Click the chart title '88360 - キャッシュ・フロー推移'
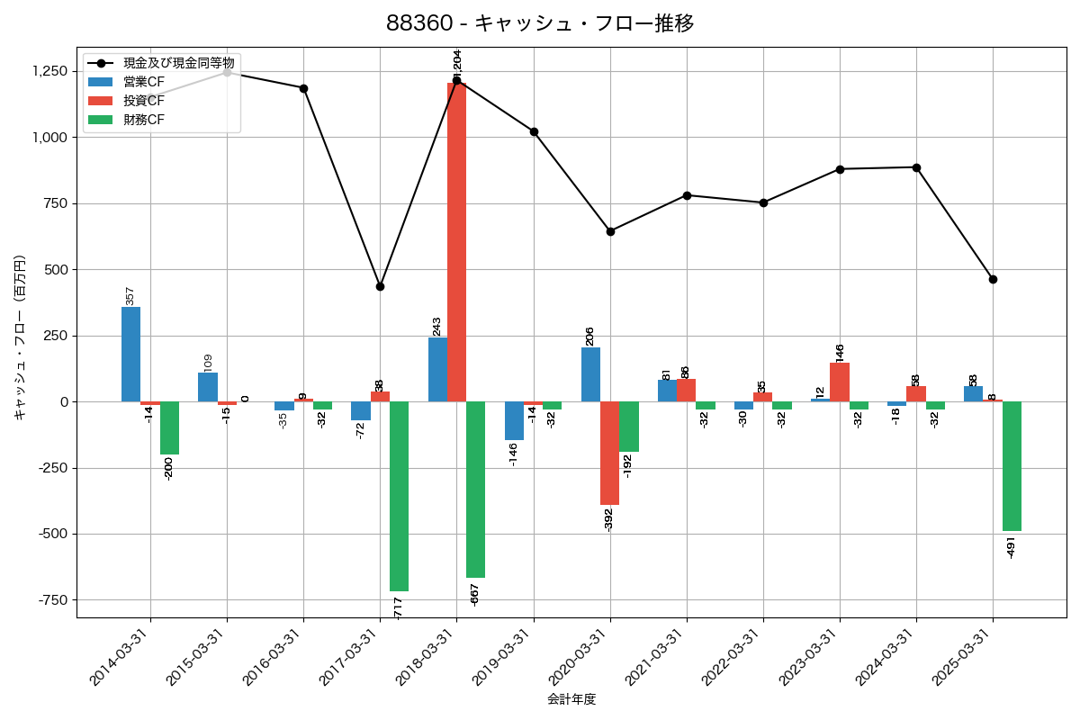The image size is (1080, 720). (x=540, y=23)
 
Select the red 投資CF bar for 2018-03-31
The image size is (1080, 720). (x=456, y=242)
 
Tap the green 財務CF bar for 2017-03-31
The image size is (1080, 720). (x=399, y=496)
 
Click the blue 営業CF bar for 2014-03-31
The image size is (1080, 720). (x=130, y=355)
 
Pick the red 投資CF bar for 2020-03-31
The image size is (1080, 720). (x=609, y=453)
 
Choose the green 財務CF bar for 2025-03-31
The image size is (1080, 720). (x=1012, y=466)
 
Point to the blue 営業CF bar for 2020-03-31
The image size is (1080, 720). (x=590, y=374)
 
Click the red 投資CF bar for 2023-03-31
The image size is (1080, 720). (x=840, y=382)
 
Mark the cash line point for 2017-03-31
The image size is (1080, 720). (x=380, y=286)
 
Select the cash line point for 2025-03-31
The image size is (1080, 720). (x=993, y=279)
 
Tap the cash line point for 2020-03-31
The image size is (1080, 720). (x=610, y=231)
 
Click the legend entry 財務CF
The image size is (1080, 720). (x=144, y=119)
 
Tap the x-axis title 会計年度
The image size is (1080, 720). (x=571, y=699)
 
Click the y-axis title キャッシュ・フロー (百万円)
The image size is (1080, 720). (x=20, y=337)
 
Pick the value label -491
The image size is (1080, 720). (x=1011, y=545)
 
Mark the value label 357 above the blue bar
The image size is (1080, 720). (x=130, y=296)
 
